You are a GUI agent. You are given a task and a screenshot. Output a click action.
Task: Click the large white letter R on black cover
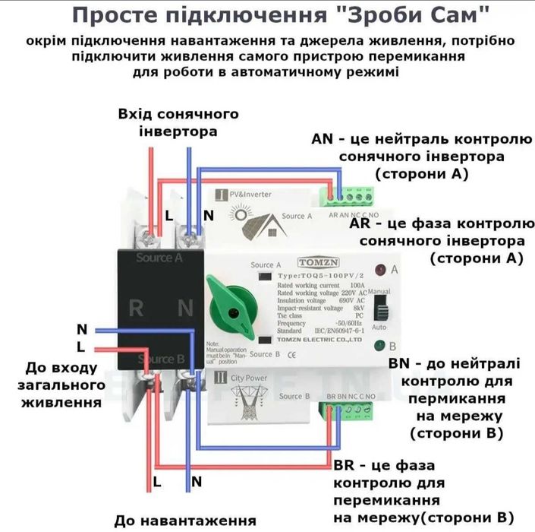click(137, 309)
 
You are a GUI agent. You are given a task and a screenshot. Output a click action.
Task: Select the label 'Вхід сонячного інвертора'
click(178, 122)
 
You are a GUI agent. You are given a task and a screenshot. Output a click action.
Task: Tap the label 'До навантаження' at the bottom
click(184, 521)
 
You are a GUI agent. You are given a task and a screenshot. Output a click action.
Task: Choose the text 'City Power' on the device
click(251, 376)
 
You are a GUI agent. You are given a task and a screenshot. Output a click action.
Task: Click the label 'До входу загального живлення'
click(63, 385)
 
